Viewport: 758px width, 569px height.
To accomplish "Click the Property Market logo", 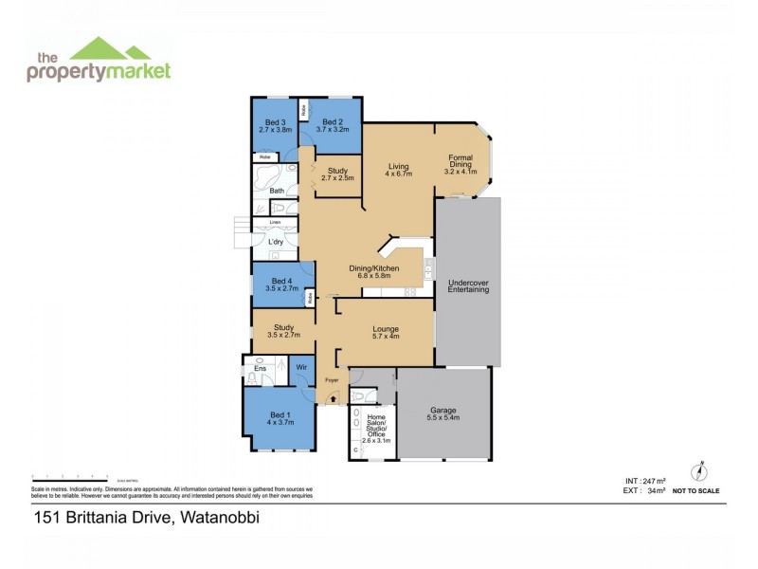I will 99,61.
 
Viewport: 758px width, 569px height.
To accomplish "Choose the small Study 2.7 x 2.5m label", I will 337,174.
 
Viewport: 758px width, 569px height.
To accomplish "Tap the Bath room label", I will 277,191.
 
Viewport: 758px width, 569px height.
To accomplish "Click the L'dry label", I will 276,242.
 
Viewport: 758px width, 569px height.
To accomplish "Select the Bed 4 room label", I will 282,284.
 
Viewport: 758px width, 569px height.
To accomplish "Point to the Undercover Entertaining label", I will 468,285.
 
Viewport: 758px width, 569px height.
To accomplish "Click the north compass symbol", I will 701,471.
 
